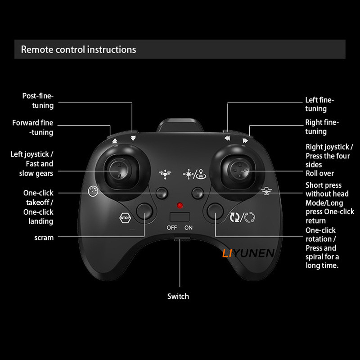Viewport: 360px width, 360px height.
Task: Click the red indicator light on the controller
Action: (180, 205)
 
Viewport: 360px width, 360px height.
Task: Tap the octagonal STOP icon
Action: (125, 218)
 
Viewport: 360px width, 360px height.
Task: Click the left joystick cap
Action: (118, 170)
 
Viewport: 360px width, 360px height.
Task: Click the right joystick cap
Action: (239, 170)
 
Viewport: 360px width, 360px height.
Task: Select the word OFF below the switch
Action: (172, 228)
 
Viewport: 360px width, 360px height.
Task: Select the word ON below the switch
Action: (189, 228)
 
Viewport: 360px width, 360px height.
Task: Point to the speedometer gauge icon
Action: (93, 191)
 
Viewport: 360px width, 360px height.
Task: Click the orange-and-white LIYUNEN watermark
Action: (248, 253)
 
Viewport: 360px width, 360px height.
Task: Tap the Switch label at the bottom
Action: (178, 296)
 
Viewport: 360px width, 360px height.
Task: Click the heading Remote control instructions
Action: (78, 49)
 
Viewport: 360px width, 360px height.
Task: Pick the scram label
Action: (44, 238)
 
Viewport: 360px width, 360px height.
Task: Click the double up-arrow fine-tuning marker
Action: (115, 141)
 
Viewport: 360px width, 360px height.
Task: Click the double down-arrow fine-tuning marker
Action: (133, 138)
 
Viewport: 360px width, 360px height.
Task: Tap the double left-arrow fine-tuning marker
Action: (227, 138)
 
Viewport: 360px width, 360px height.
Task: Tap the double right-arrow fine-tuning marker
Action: (245, 140)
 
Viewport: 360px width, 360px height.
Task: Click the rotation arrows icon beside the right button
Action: (242, 217)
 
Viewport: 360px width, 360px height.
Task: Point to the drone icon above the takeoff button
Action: (165, 174)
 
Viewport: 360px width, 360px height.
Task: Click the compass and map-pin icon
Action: (194, 174)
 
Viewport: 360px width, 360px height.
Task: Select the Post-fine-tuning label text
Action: (38, 100)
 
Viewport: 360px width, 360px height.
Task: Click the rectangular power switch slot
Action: (180, 217)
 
